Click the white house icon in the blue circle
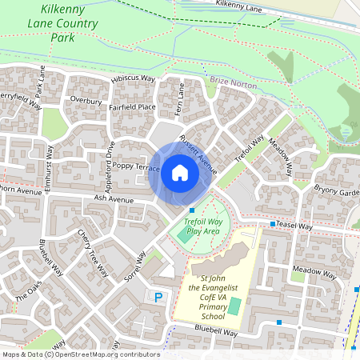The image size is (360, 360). pyautogui.click(x=179, y=173)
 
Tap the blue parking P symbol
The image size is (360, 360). pyautogui.click(x=158, y=297)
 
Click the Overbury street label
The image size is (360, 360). pyautogui.click(x=86, y=101)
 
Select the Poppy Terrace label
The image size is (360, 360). pyautogui.click(x=136, y=167)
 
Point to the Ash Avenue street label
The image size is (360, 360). pyautogui.click(x=111, y=198)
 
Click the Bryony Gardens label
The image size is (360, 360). pyautogui.click(x=337, y=191)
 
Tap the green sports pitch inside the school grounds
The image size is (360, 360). pyautogui.click(x=234, y=306)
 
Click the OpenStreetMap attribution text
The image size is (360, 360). pyautogui.click(x=80, y=354)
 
